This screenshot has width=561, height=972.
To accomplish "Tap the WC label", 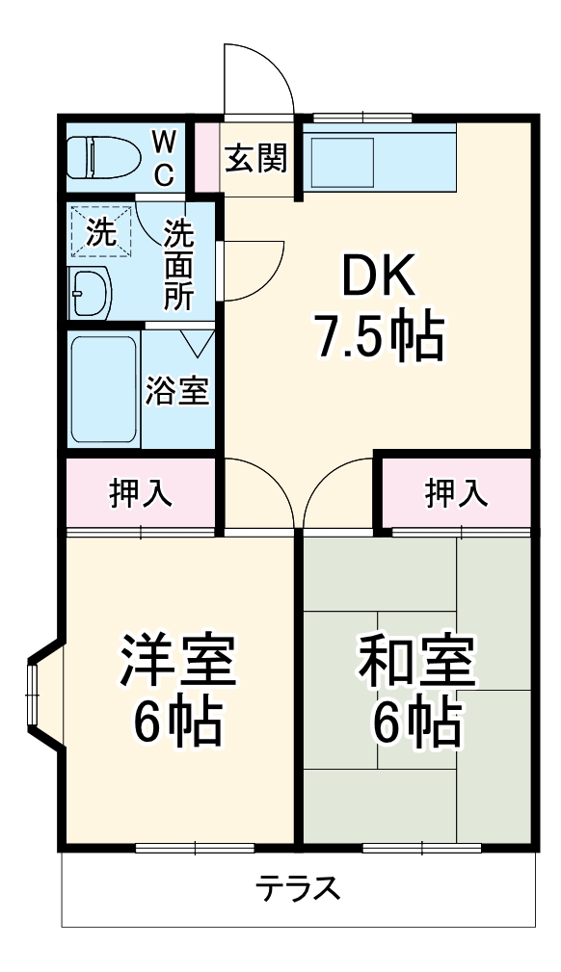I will click(165, 158).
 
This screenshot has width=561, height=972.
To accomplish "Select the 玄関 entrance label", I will click(256, 159).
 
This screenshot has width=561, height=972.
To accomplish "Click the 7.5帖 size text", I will click(379, 336).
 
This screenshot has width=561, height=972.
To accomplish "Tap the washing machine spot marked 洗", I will click(100, 232).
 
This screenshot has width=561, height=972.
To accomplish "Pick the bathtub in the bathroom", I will click(103, 389).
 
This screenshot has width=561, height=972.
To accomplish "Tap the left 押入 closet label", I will click(141, 492).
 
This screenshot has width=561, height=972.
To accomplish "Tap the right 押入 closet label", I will click(456, 492).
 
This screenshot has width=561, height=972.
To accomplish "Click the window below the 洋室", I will click(195, 848).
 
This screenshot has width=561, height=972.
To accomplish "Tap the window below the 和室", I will click(421, 848).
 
